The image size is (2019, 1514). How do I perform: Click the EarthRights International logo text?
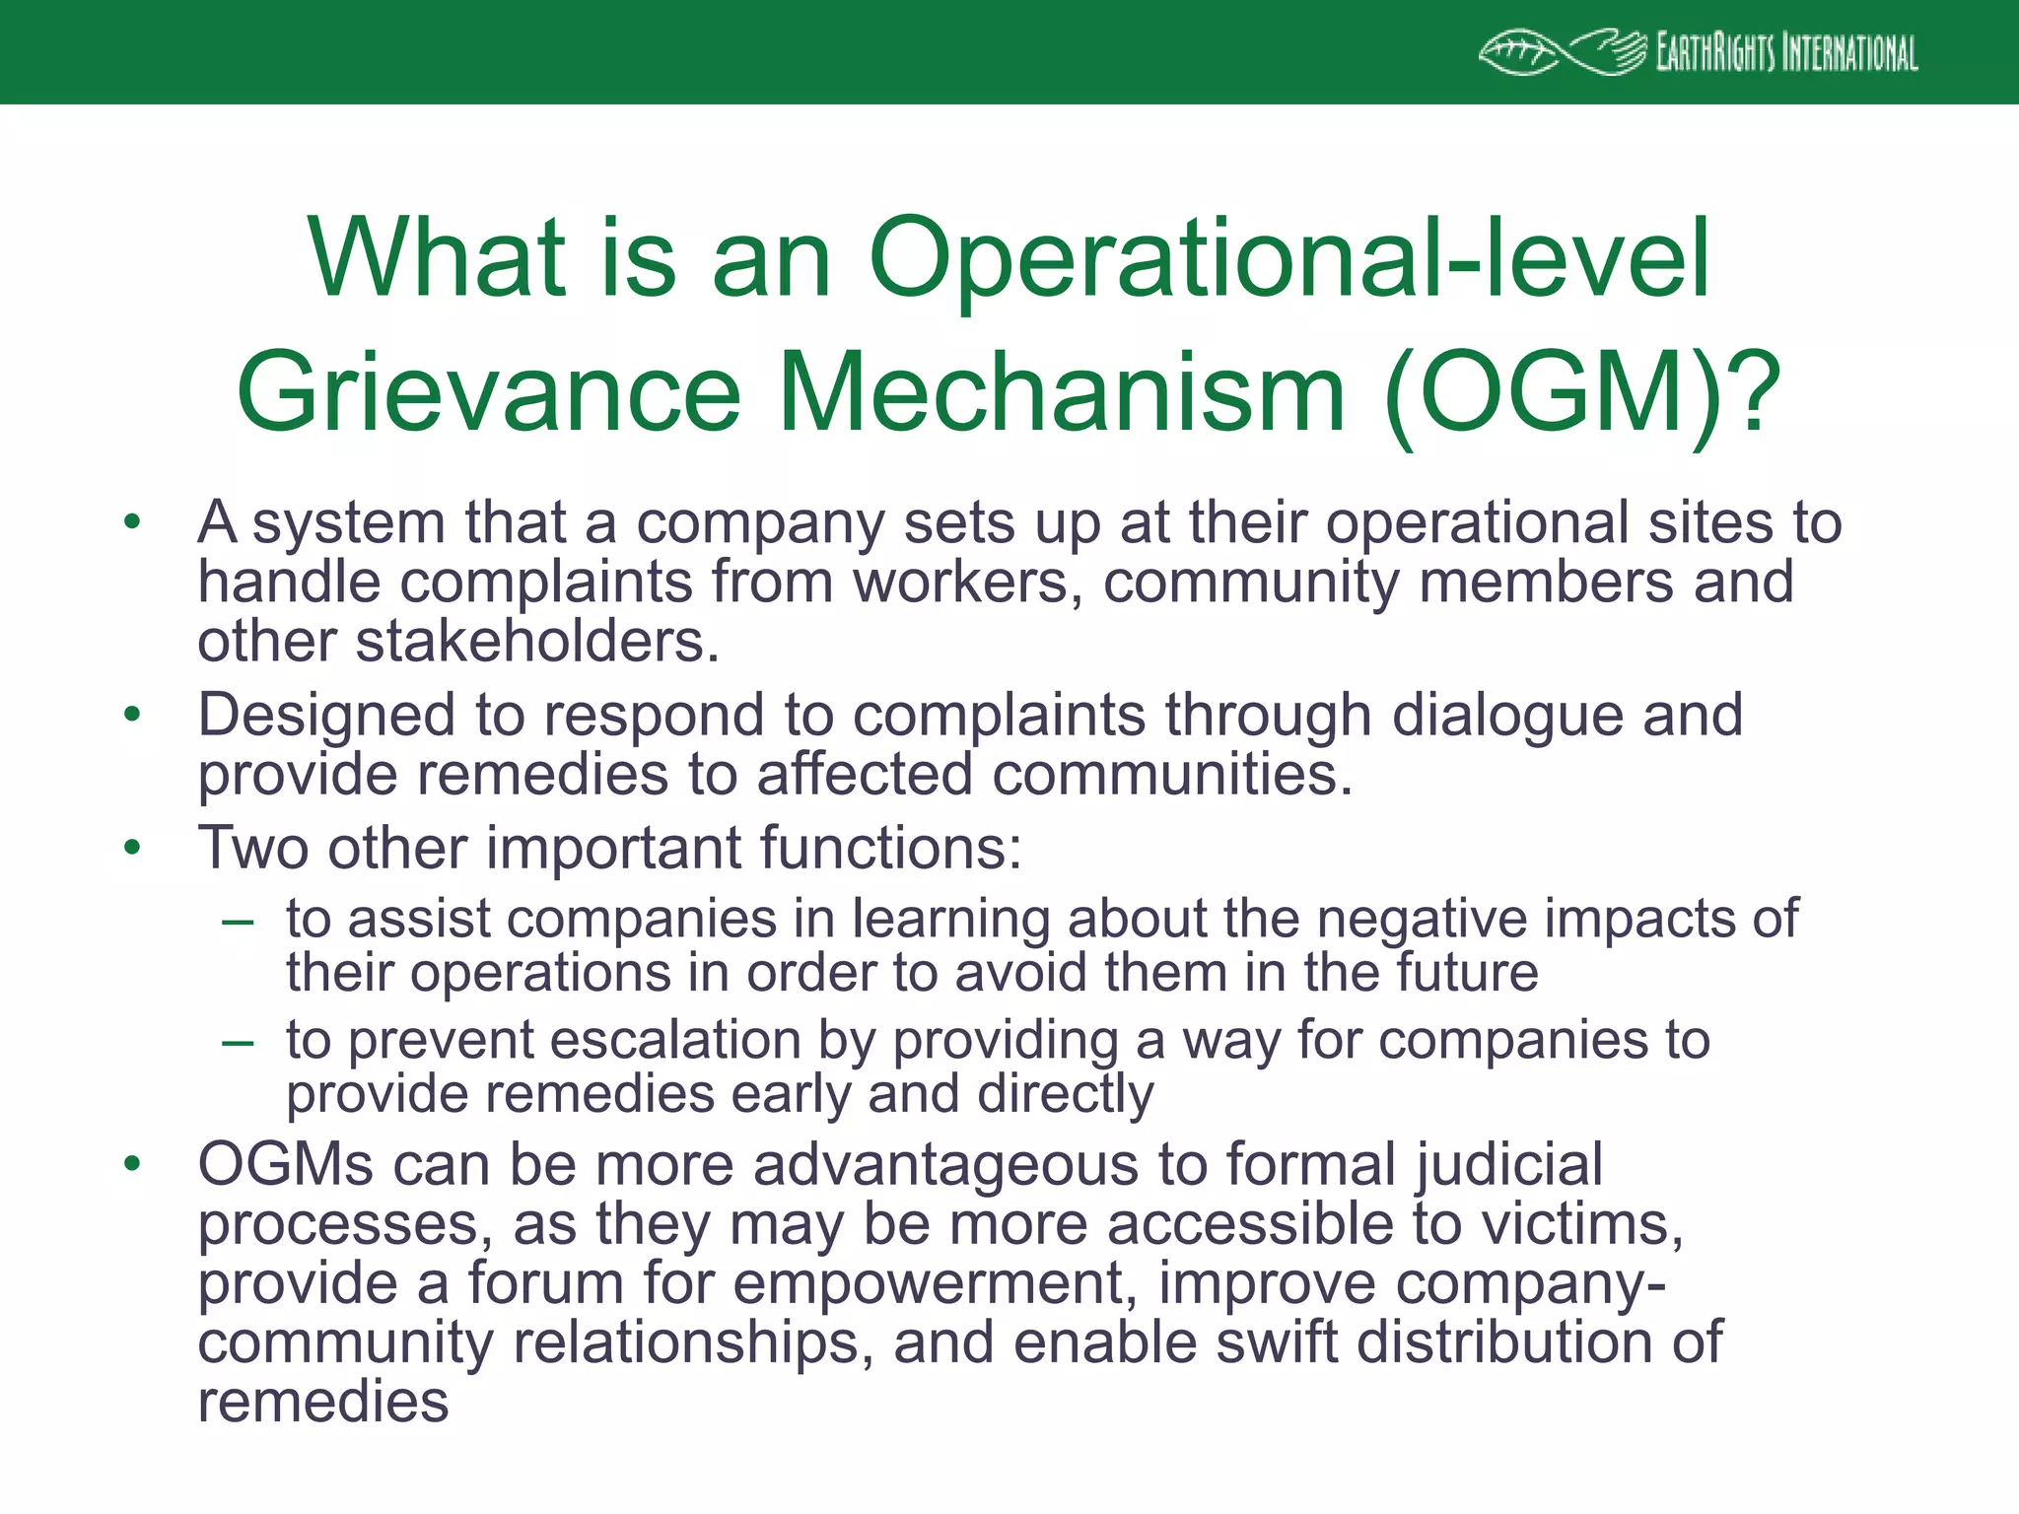click(1786, 53)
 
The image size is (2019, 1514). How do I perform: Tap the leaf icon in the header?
click(1518, 53)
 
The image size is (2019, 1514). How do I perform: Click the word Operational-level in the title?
click(1288, 258)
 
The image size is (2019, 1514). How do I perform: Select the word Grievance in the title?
click(488, 392)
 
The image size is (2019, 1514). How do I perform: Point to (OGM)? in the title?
click(1581, 392)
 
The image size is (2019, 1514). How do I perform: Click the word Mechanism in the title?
click(1063, 392)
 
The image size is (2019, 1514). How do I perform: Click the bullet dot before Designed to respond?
click(133, 716)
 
